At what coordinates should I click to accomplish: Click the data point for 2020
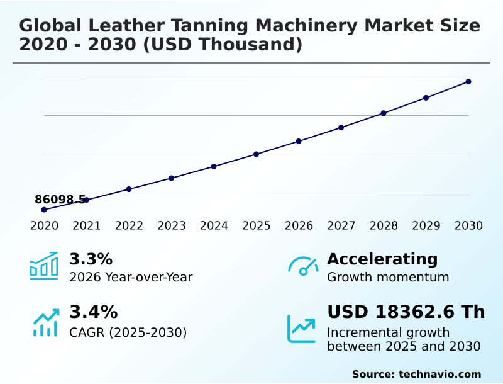tap(44, 210)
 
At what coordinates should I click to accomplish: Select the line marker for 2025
tap(256, 154)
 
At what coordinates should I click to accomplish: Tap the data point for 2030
tap(468, 82)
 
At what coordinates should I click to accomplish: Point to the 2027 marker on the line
tap(341, 128)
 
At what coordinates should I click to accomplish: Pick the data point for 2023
tap(171, 178)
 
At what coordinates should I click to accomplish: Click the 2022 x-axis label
tap(129, 226)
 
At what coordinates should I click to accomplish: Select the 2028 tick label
tap(384, 226)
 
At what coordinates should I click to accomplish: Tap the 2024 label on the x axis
tap(214, 226)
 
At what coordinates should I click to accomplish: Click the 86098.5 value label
tap(60, 200)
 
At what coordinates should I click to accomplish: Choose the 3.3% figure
tap(91, 259)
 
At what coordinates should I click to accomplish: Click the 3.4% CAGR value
tap(93, 312)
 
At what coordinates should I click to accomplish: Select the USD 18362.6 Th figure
tap(406, 312)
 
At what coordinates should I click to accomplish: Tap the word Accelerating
tap(382, 259)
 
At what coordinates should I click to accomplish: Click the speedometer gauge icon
tap(302, 266)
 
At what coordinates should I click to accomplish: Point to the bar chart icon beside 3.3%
tap(44, 266)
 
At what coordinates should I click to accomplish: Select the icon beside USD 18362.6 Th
tap(302, 329)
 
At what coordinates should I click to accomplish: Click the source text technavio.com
tap(439, 374)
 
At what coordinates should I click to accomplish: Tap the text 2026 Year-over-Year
tap(131, 278)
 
